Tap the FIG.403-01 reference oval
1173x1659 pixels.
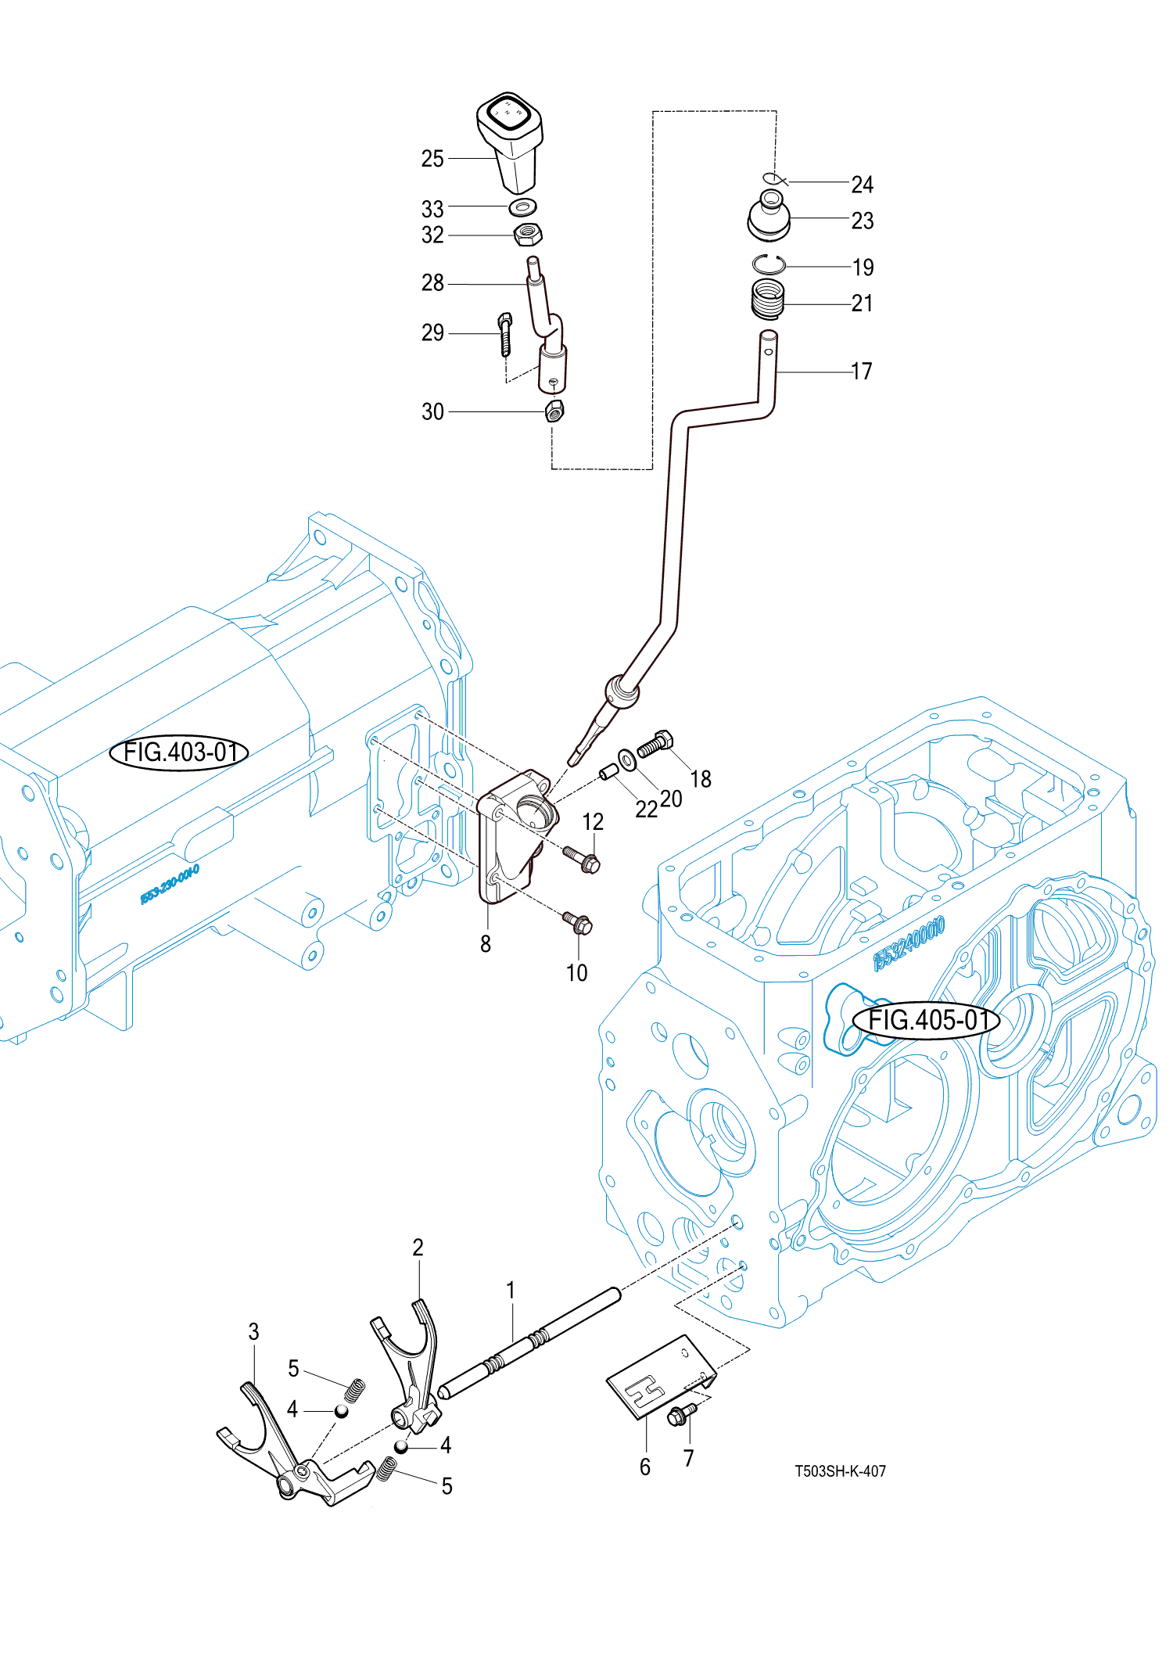(x=179, y=752)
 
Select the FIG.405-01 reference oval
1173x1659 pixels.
(x=926, y=1021)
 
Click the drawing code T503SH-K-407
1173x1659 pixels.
(x=840, y=1471)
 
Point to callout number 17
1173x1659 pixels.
(x=862, y=372)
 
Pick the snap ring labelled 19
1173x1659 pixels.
(x=769, y=265)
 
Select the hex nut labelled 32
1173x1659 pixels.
(x=529, y=234)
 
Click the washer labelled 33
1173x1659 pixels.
(x=522, y=207)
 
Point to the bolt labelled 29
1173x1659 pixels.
(x=505, y=333)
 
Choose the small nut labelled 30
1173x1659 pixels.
(x=554, y=411)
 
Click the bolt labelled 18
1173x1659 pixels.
(x=655, y=743)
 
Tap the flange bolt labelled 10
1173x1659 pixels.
(x=579, y=923)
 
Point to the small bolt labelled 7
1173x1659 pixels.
(x=680, y=1413)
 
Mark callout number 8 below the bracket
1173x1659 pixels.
(x=486, y=944)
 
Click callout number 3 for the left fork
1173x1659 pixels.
(x=253, y=1332)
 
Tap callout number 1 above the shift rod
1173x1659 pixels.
(x=511, y=1290)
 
